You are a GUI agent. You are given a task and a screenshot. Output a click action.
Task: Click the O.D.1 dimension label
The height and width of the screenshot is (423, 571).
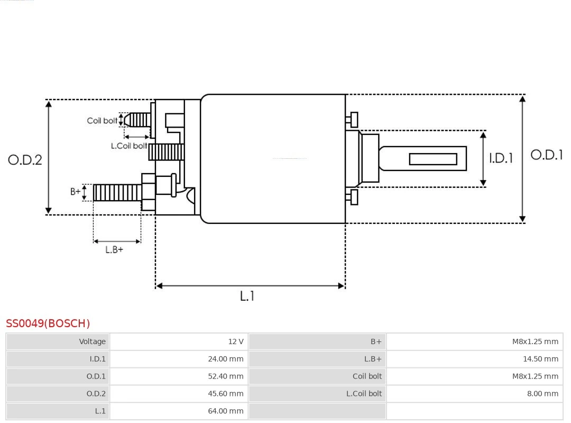tap(547, 155)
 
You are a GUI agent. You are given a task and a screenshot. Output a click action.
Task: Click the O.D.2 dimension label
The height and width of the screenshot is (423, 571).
tap(25, 159)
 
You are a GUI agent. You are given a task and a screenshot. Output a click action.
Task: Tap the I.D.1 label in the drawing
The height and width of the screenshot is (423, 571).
tap(500, 158)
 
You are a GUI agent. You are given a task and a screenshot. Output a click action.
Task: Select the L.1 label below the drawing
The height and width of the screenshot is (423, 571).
tap(247, 296)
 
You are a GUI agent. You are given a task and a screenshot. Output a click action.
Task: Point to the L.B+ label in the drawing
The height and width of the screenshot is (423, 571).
tap(114, 249)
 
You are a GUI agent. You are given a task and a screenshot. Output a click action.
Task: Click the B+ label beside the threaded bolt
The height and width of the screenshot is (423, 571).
tap(76, 192)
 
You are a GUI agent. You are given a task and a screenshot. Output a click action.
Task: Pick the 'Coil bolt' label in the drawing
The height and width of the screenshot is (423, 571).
tap(102, 121)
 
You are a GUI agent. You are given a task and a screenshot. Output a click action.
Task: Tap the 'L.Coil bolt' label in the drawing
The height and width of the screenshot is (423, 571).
tap(128, 146)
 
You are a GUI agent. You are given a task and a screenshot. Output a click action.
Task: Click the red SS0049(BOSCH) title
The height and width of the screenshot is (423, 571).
tap(48, 323)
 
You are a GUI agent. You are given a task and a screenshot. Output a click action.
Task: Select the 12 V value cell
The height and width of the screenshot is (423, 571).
tap(179, 341)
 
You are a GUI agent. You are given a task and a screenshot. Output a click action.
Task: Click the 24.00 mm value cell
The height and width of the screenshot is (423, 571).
tap(179, 359)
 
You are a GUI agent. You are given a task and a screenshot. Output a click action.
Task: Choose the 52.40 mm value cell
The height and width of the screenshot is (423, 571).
tap(179, 376)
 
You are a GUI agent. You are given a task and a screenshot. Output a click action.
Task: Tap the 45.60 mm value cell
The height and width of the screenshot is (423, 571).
tap(179, 393)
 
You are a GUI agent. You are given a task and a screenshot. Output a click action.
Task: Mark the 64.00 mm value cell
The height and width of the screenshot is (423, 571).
tap(179, 411)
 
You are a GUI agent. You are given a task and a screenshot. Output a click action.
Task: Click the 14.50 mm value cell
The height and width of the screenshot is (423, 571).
tap(474, 359)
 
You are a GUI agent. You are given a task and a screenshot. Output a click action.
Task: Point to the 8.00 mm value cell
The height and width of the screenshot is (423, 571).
tap(474, 393)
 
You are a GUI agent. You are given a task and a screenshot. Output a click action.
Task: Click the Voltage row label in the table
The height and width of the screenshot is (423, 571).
tap(58, 341)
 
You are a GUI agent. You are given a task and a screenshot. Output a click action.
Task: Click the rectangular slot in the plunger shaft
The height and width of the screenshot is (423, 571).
tap(433, 159)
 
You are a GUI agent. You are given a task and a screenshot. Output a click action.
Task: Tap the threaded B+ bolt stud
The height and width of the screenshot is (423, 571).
tap(117, 193)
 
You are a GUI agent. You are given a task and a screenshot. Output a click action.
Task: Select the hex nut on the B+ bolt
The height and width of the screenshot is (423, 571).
tap(148, 192)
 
